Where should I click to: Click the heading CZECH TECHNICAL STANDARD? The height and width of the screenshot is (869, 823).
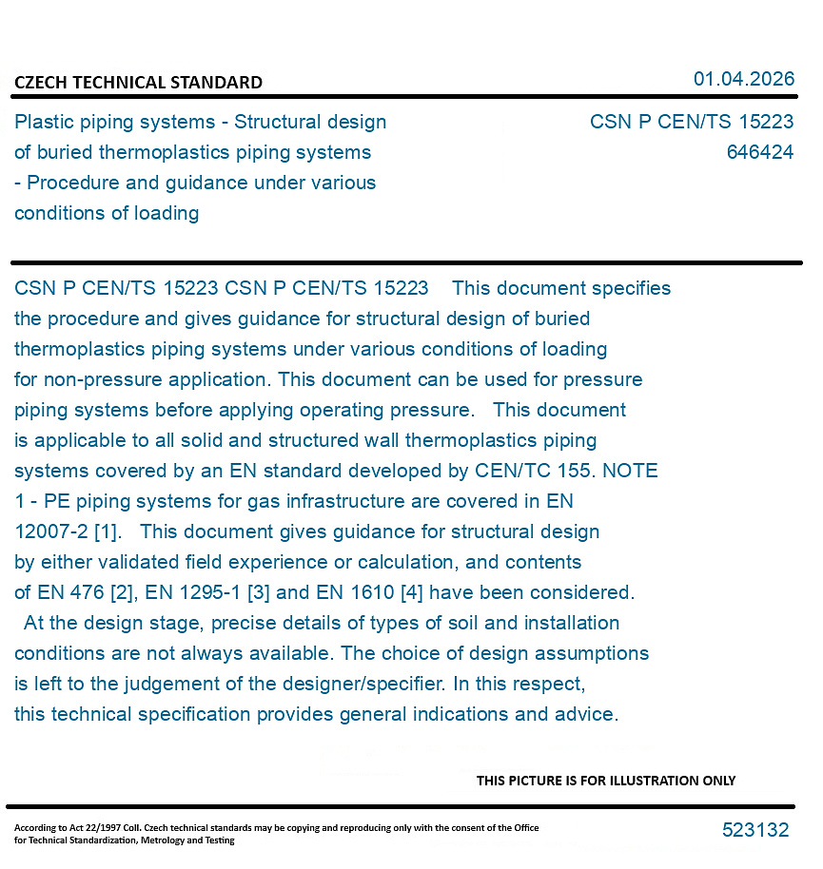click(x=138, y=83)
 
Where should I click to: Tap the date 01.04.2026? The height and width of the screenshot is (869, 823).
click(x=743, y=79)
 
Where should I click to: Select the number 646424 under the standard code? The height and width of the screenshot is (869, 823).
click(x=759, y=152)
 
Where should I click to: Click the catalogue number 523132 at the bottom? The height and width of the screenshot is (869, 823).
click(x=755, y=830)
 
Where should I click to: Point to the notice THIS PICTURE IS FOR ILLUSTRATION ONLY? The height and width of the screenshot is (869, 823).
click(x=606, y=781)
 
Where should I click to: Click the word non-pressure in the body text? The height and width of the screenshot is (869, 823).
click(x=104, y=379)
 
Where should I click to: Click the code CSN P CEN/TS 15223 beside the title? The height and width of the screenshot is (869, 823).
click(x=692, y=122)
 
